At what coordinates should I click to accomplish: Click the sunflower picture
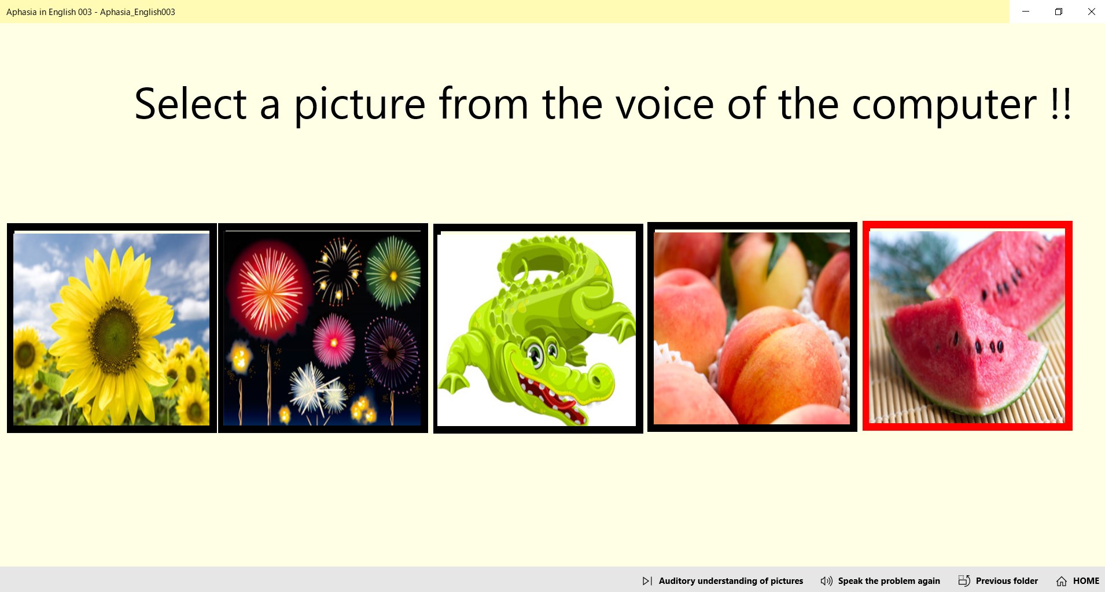click(112, 328)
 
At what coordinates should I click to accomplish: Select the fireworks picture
click(323, 328)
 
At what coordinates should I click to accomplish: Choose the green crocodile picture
click(538, 328)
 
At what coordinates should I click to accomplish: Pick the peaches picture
click(752, 327)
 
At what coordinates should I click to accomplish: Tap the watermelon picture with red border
click(967, 326)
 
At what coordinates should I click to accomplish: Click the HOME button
click(1078, 581)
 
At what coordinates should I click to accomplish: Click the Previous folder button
click(998, 581)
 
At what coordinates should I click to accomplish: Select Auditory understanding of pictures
click(723, 581)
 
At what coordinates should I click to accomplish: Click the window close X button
click(1091, 12)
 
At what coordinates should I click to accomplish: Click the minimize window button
click(1026, 12)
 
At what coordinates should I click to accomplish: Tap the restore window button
click(1059, 12)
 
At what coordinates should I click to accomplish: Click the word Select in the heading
click(191, 104)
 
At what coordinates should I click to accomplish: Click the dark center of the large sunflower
click(115, 330)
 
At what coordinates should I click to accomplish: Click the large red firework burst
click(269, 292)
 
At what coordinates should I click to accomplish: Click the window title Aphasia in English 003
click(49, 12)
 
